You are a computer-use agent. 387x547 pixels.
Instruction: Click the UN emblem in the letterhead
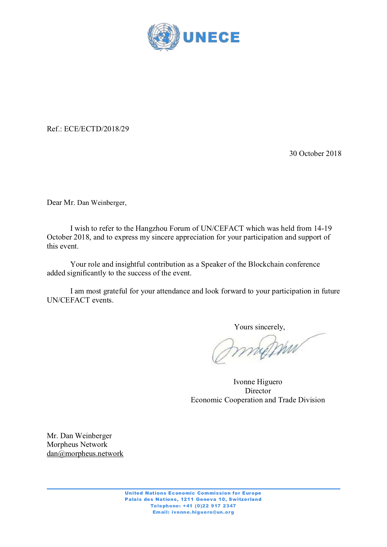[164, 37]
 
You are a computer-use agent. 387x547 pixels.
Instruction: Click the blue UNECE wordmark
[211, 37]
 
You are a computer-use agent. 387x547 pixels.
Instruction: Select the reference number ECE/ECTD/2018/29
[96, 129]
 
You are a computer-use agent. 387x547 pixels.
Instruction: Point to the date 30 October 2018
[315, 153]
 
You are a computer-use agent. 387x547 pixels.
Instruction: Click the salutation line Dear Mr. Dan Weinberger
[87, 203]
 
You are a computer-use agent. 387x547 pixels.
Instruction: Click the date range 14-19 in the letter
[323, 228]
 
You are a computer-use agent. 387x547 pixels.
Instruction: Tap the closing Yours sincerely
[259, 327]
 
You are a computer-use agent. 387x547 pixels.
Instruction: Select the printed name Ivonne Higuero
[258, 382]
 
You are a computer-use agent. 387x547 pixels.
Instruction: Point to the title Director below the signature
[258, 391]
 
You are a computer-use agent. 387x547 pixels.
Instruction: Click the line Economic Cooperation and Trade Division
[258, 400]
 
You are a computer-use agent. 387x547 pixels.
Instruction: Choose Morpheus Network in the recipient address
[77, 444]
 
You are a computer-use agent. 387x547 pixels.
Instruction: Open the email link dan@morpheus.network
[85, 453]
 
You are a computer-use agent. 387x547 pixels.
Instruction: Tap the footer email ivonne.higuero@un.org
[203, 512]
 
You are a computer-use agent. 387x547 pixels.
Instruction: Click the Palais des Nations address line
[193, 499]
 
